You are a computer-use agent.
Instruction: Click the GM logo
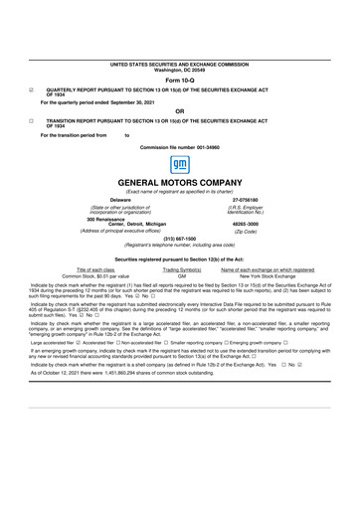pyautogui.click(x=180, y=163)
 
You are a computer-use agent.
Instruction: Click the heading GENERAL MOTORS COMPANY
pyautogui.click(x=180, y=185)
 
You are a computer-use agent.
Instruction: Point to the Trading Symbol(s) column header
pyautogui.click(x=181, y=269)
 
